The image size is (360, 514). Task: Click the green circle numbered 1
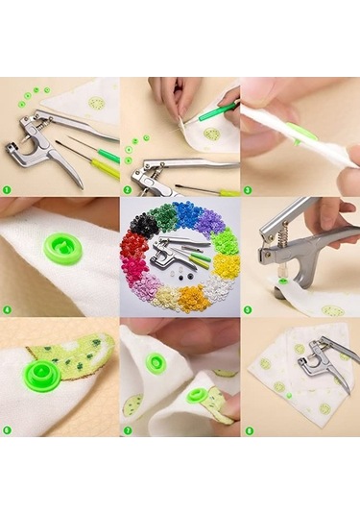point(7,189)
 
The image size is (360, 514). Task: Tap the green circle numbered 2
point(127,189)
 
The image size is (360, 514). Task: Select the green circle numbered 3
point(247,189)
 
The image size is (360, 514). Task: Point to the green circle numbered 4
point(7,309)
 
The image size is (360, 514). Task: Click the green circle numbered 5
point(247,309)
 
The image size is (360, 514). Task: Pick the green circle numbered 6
point(7,429)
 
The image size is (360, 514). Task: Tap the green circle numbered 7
point(127,429)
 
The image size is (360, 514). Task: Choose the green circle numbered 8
point(247,429)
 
